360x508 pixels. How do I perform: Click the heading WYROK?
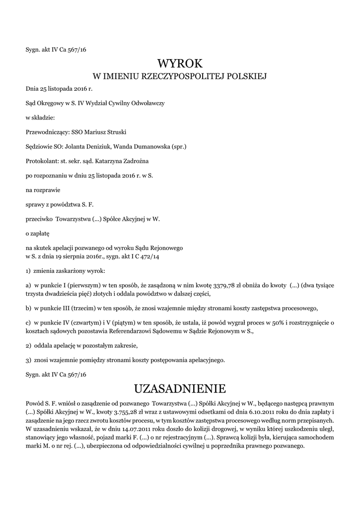point(180,63)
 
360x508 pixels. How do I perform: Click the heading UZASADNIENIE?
point(180,387)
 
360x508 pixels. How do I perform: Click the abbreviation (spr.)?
point(178,146)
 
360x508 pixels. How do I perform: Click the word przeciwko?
point(39,218)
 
